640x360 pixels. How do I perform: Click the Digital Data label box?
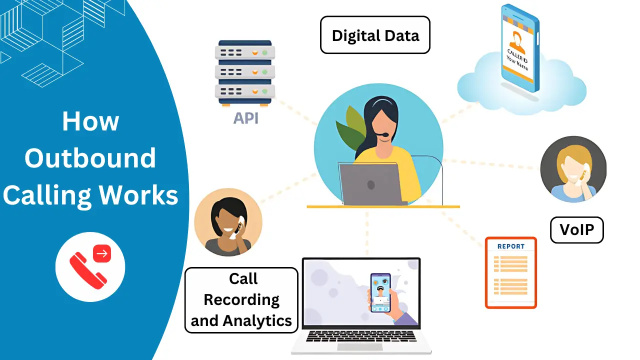[x=375, y=35]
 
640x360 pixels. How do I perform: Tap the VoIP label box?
[x=576, y=230]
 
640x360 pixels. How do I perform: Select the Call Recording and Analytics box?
[x=241, y=300]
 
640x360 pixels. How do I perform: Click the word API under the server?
[x=245, y=118]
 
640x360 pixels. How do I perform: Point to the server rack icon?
[x=245, y=72]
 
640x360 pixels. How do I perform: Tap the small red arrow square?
[x=102, y=254]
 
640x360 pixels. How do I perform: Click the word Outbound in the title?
[x=90, y=158]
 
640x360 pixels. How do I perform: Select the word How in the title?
[x=90, y=121]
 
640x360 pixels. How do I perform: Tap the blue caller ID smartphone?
[x=520, y=49]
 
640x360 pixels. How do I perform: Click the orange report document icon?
[x=510, y=272]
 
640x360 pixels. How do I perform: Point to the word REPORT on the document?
[x=511, y=246]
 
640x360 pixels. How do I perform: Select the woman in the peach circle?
[x=228, y=222]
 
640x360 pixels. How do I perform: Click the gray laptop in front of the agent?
[x=370, y=184]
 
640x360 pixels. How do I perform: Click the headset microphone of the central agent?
[x=382, y=135]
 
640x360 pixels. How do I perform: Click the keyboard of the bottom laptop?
[x=361, y=336]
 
